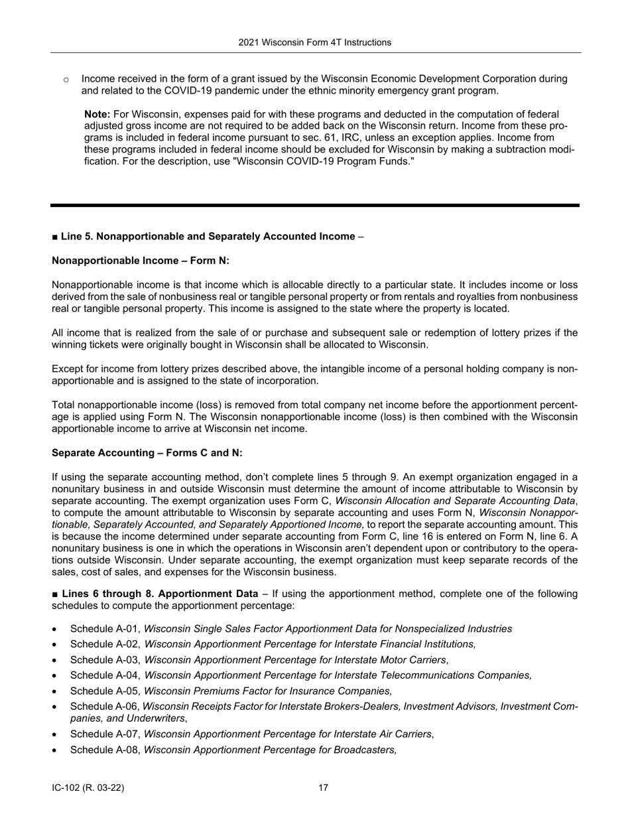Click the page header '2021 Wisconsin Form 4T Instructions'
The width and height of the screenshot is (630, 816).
[315, 42]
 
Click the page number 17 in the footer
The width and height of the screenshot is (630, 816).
[323, 788]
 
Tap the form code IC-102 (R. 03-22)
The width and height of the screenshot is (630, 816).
[88, 788]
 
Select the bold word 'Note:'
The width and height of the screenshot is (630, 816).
[97, 114]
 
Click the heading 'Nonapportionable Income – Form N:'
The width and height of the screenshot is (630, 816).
[141, 261]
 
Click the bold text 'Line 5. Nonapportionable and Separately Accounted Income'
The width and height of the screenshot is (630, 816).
[208, 236]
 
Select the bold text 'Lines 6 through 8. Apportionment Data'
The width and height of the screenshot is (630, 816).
[160, 594]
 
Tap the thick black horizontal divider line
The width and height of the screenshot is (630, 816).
[315, 206]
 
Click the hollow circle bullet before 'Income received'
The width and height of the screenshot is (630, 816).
[66, 80]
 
